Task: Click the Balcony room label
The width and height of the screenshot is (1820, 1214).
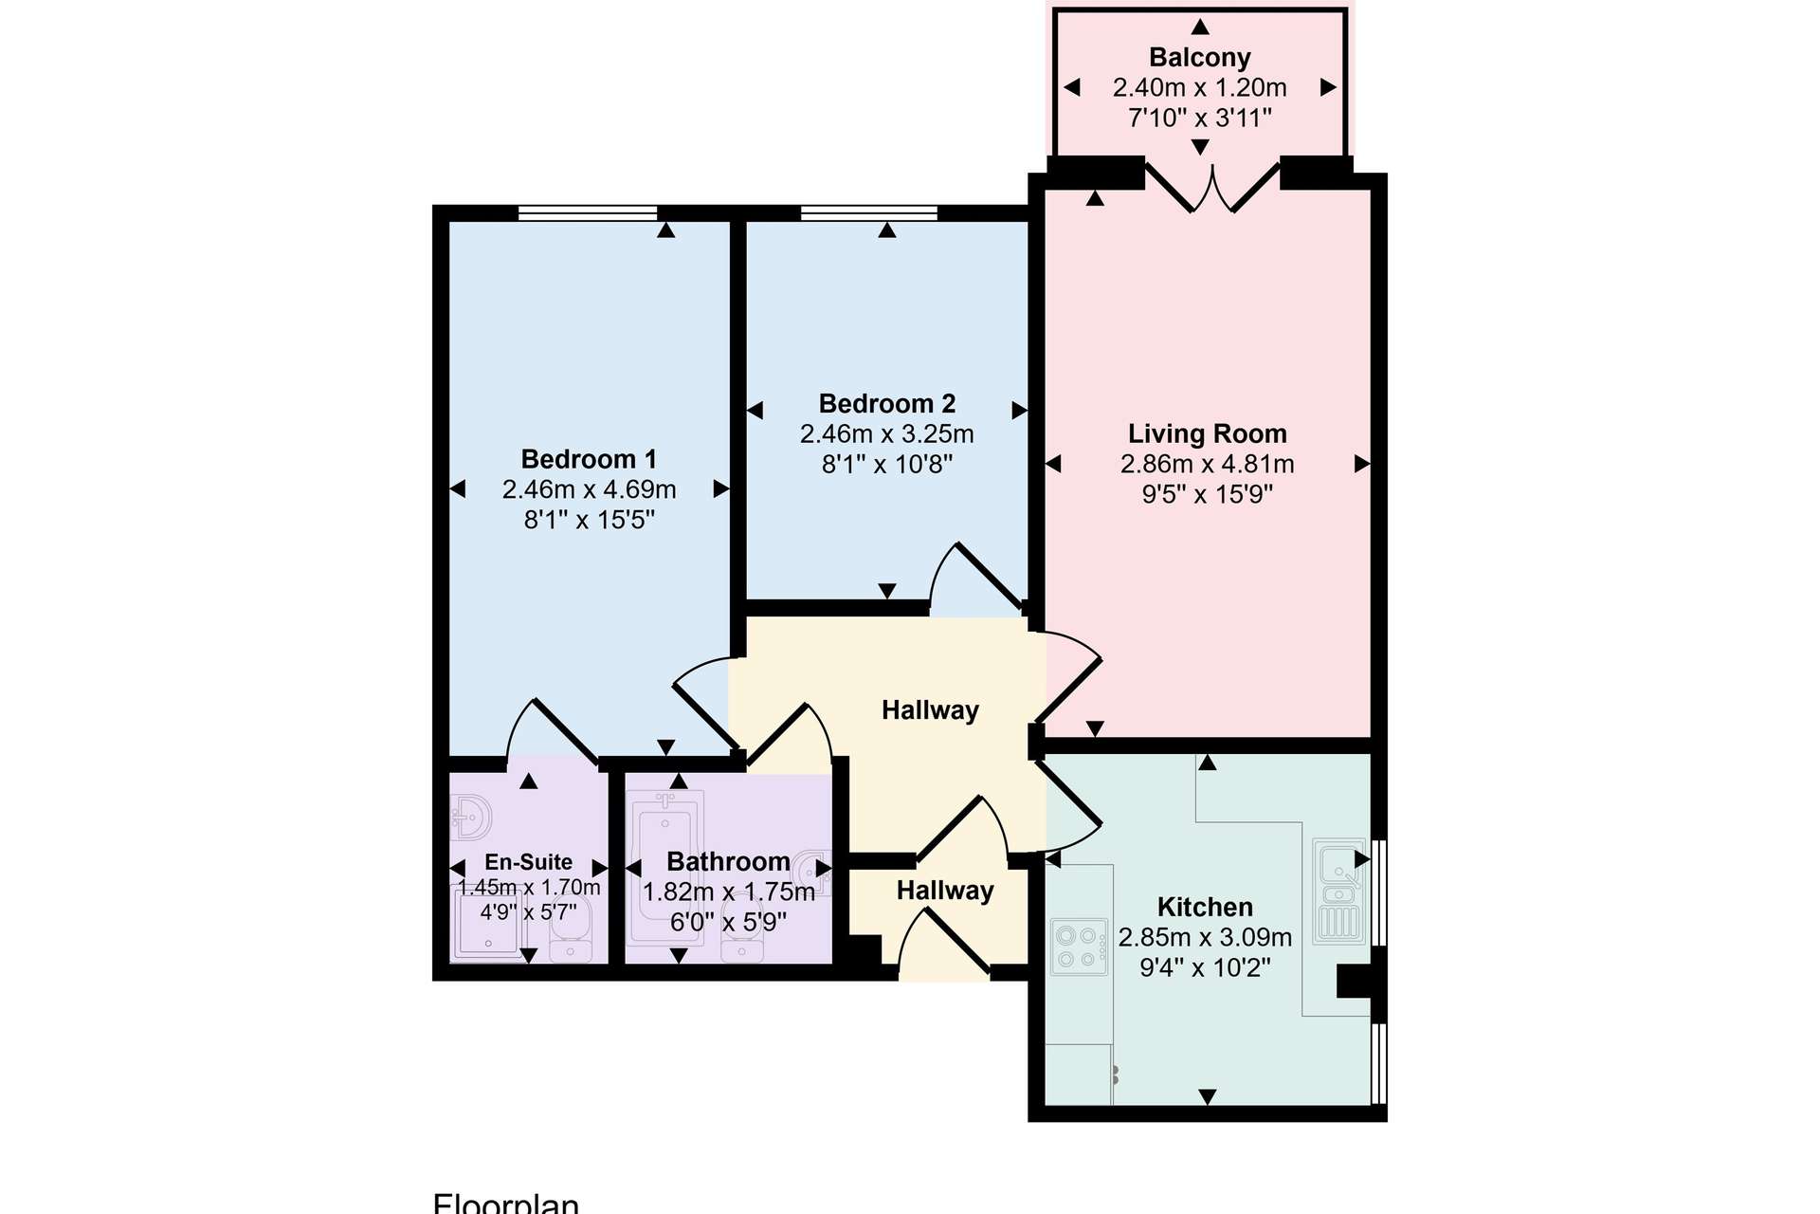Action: click(x=1200, y=58)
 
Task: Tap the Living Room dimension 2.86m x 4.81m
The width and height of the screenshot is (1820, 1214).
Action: click(x=1207, y=464)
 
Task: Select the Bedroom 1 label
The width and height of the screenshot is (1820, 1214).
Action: click(x=589, y=459)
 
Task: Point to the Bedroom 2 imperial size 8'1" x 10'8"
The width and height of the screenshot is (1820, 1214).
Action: click(x=887, y=464)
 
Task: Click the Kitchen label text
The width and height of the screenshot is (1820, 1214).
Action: click(x=1205, y=908)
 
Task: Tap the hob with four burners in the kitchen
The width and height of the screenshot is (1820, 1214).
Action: click(x=1080, y=947)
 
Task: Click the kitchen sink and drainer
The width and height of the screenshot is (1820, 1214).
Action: click(x=1339, y=891)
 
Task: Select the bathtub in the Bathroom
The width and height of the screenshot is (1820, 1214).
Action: click(x=665, y=866)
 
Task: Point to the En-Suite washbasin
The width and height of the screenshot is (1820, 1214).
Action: click(x=472, y=817)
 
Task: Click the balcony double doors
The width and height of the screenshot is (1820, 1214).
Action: click(x=1212, y=188)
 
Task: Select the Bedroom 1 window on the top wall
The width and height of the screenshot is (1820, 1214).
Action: click(x=588, y=212)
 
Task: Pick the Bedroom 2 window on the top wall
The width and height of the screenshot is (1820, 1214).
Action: click(x=869, y=212)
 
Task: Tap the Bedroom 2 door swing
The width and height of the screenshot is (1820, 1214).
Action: click(x=976, y=578)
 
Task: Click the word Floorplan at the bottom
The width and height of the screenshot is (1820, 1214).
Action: click(x=506, y=1203)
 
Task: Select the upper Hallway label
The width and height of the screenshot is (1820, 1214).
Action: click(x=930, y=710)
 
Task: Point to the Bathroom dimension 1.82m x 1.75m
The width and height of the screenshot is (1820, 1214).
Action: click(x=729, y=892)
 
